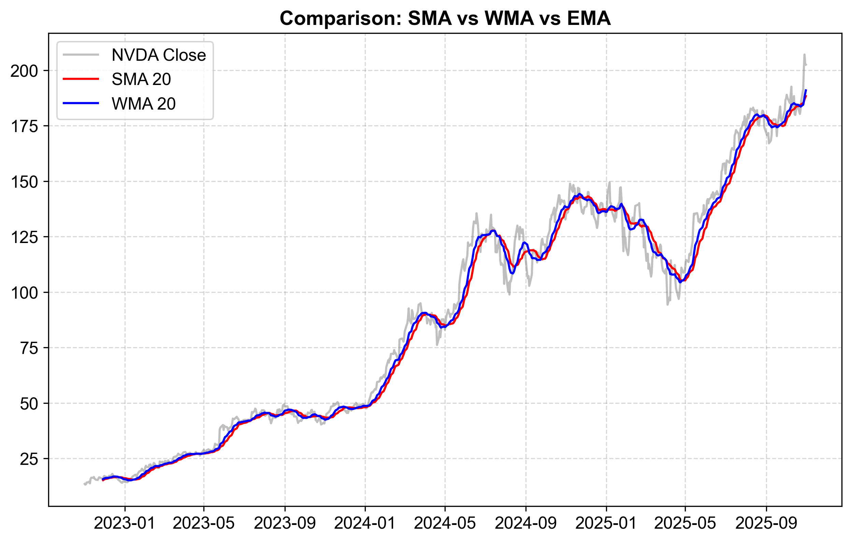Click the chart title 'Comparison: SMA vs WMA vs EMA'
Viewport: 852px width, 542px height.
pyautogui.click(x=445, y=18)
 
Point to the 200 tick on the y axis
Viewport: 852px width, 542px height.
pyautogui.click(x=24, y=71)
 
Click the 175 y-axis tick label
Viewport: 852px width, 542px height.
pyautogui.click(x=24, y=126)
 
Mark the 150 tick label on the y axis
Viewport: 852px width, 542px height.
pyautogui.click(x=24, y=182)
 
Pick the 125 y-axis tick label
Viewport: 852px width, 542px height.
pyautogui.click(x=24, y=237)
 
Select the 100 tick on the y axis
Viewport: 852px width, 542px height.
pyautogui.click(x=24, y=293)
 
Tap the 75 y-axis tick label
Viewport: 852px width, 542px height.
pyautogui.click(x=29, y=348)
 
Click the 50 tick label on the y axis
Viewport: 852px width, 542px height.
pyautogui.click(x=29, y=403)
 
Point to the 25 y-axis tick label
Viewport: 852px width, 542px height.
pyautogui.click(x=29, y=459)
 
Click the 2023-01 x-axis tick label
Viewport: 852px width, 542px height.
pyautogui.click(x=125, y=523)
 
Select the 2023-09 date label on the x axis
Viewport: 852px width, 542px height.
pyautogui.click(x=285, y=523)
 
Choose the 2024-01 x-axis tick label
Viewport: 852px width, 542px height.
pyautogui.click(x=365, y=523)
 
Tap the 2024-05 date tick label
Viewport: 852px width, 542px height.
pyautogui.click(x=445, y=523)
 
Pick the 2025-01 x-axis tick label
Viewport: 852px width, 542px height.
pyautogui.click(x=606, y=523)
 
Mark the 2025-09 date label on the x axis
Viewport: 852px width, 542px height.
pyautogui.click(x=766, y=523)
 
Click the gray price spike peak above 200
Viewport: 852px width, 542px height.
pyautogui.click(x=804, y=55)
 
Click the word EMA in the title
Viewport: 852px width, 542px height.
pyautogui.click(x=589, y=18)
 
